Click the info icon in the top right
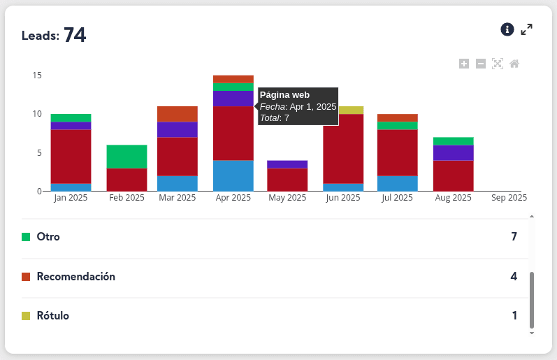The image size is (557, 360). [x=507, y=29]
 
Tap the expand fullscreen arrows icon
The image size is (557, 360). [x=527, y=29]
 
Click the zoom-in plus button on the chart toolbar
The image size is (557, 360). [x=464, y=64]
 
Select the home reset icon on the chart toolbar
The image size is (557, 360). [x=514, y=64]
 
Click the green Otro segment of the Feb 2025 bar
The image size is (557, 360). [x=126, y=157]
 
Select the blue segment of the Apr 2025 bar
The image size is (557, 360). [x=233, y=175]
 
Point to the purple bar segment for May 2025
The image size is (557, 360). [x=287, y=164]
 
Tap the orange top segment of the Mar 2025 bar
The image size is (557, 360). [x=178, y=114]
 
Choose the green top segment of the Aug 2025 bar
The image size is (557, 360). [x=453, y=141]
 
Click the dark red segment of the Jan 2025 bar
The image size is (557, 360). [x=71, y=157]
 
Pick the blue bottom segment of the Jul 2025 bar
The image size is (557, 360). [x=398, y=183]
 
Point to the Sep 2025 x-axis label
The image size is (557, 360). [x=509, y=198]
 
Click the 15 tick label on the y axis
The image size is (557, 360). [x=37, y=75]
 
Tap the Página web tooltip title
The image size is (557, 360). [x=284, y=95]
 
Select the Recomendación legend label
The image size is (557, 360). [x=75, y=277]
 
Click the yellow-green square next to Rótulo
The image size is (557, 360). [x=26, y=316]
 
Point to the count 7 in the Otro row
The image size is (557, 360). [x=514, y=237]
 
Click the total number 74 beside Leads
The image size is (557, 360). [x=75, y=35]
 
